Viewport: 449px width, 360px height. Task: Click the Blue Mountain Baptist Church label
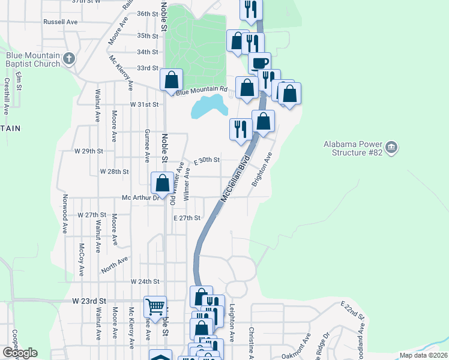(33, 59)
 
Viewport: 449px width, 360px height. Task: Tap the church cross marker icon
(70, 59)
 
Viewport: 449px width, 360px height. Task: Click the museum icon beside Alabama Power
(391, 147)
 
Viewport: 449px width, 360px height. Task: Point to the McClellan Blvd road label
(235, 180)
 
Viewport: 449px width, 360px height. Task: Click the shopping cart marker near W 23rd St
(155, 307)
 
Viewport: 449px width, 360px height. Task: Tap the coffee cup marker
(259, 63)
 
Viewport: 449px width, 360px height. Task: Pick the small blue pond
(209, 107)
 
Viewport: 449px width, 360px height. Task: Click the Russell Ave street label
(61, 22)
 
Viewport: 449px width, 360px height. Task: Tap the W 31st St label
(145, 104)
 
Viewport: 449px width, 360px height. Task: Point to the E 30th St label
(207, 160)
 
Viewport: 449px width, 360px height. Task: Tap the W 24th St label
(145, 281)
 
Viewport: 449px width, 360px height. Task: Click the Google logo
(20, 352)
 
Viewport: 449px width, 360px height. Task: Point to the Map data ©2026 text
(423, 355)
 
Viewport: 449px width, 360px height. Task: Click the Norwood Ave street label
(65, 212)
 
